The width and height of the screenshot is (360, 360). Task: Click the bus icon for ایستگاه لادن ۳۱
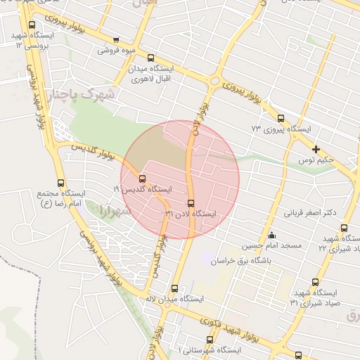(191, 203)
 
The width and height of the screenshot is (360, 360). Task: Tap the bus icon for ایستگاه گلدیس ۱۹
(143, 179)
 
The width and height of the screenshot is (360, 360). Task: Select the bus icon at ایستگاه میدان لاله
(175, 288)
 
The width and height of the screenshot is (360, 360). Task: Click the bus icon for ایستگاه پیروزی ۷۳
(281, 119)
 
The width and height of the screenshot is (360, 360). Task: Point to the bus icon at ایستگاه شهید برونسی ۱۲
(32, 25)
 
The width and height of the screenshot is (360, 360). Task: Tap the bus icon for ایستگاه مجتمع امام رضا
(60, 182)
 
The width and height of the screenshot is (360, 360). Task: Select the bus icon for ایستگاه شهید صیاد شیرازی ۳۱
(313, 282)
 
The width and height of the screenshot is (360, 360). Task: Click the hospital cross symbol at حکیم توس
(316, 149)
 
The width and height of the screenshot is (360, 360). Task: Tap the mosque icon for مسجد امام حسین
(272, 235)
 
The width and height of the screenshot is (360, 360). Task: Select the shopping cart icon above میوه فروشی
(116, 40)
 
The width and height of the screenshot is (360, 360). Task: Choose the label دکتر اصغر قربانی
(310, 212)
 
